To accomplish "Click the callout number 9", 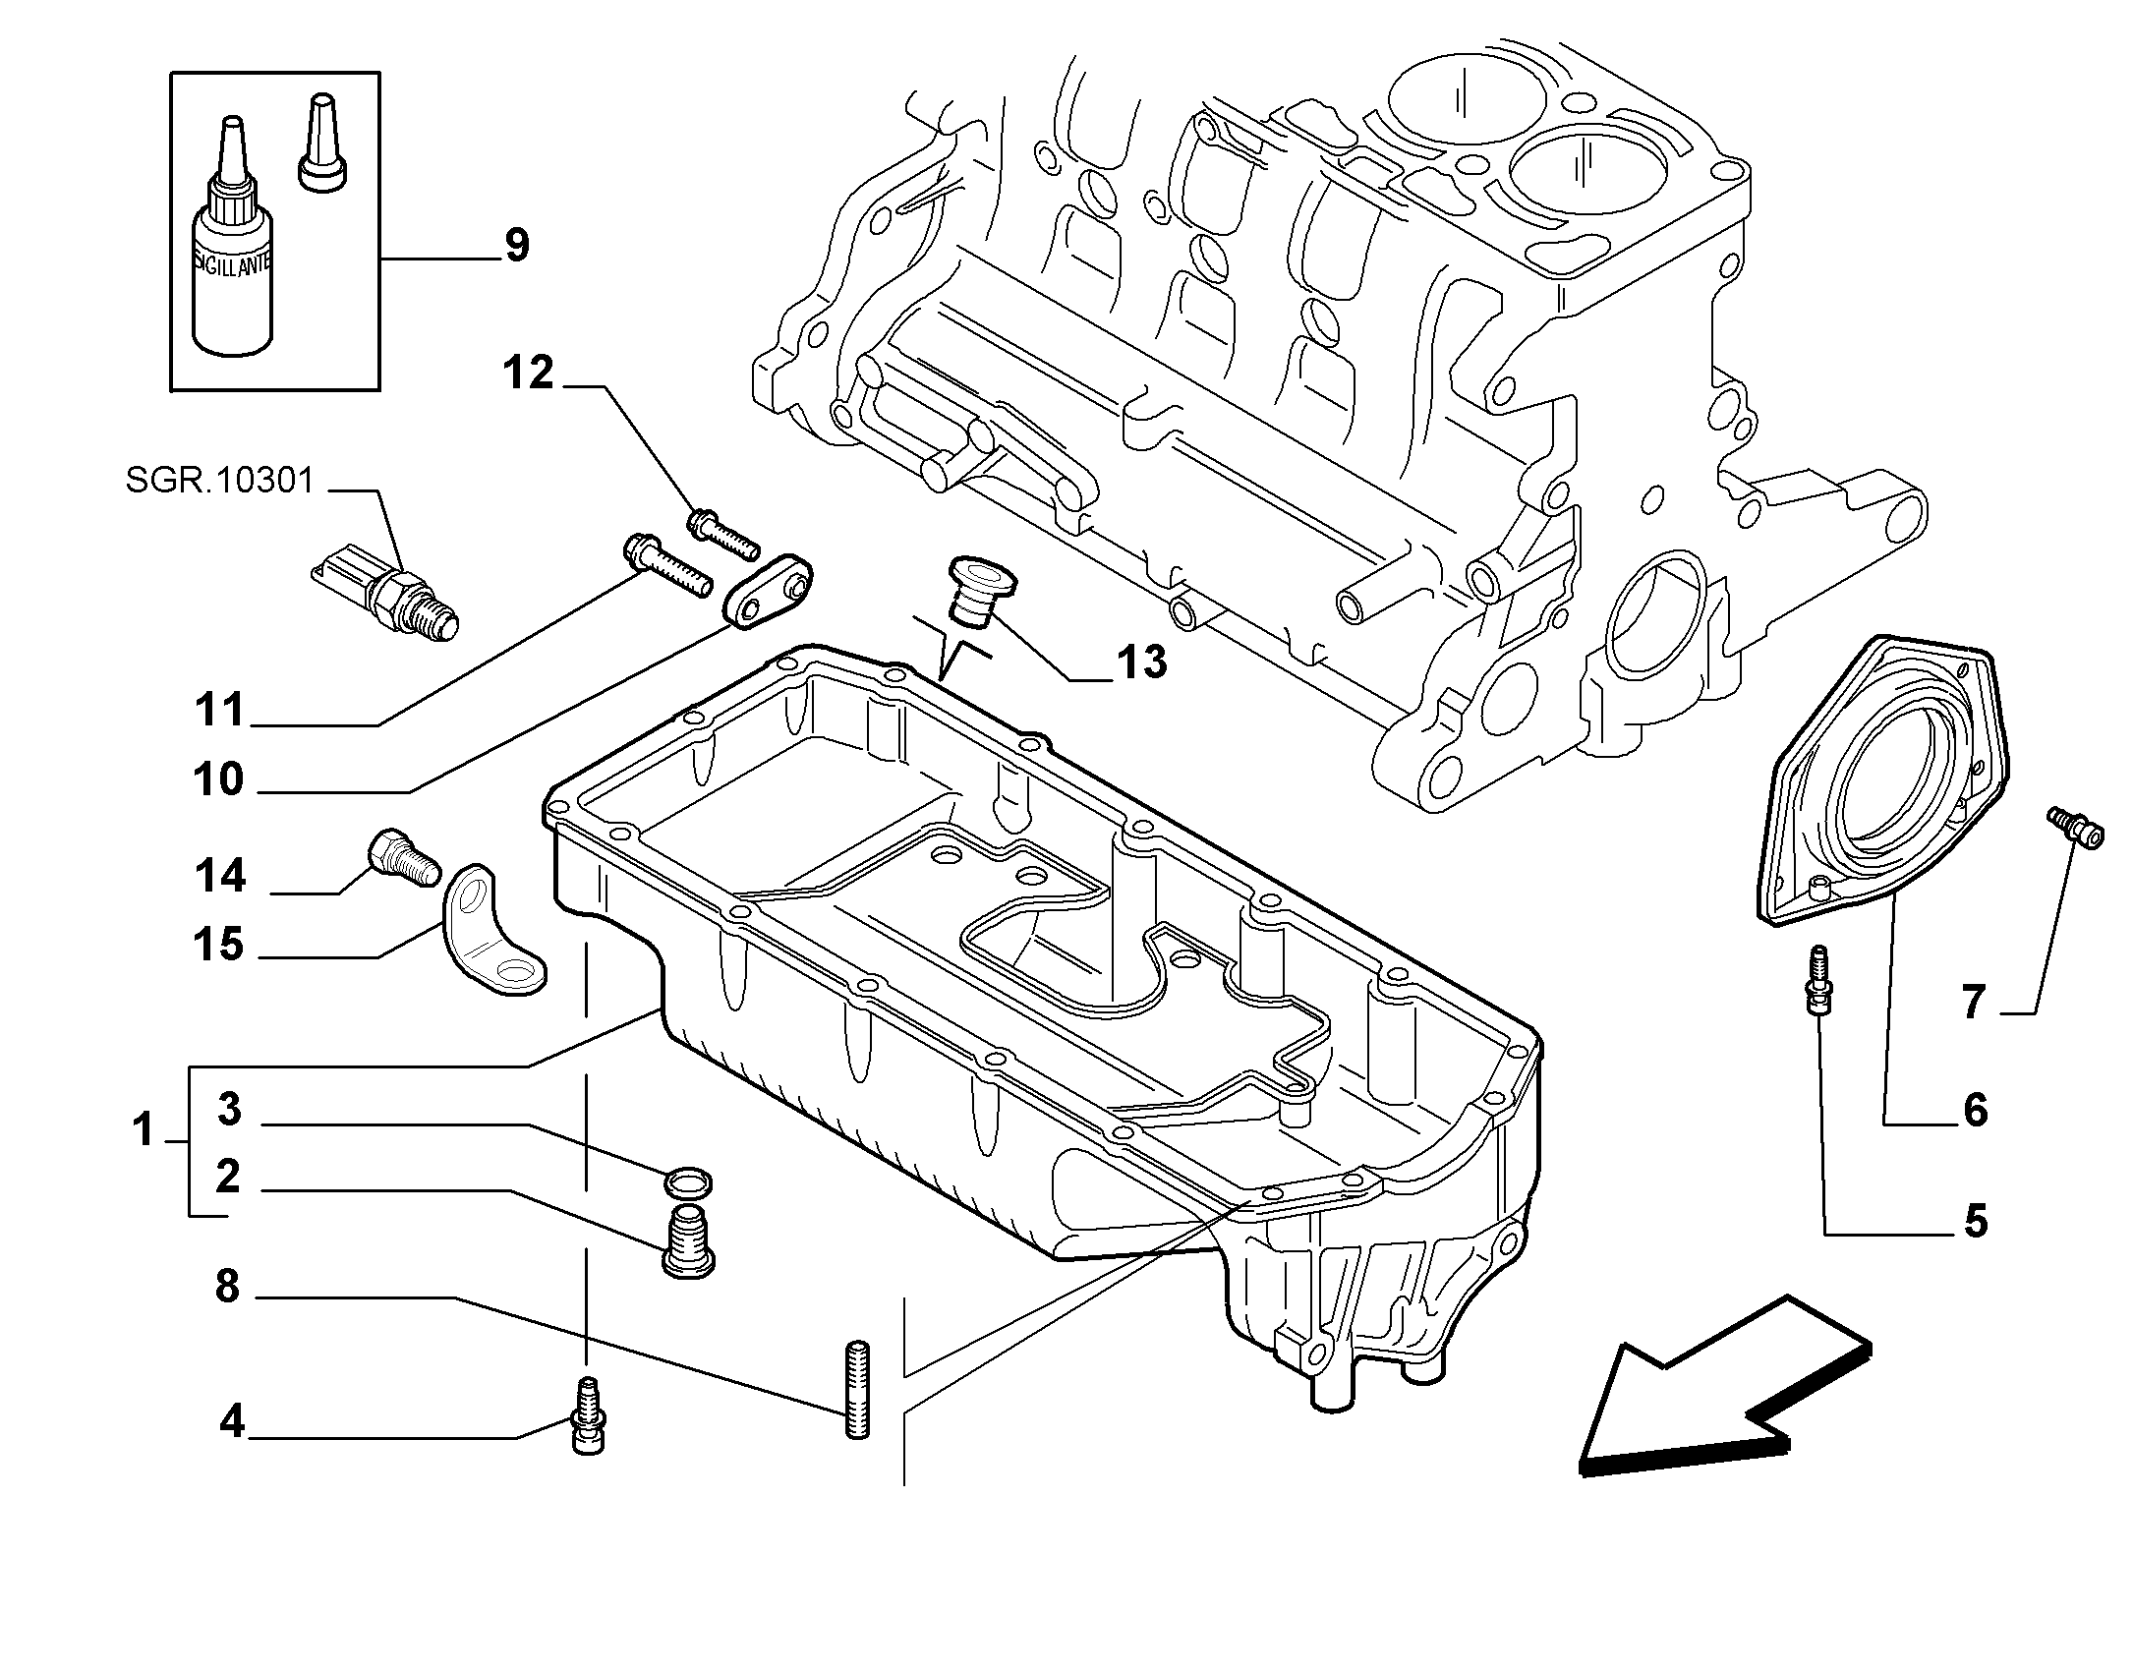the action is [517, 245].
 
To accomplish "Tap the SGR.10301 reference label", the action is [220, 481].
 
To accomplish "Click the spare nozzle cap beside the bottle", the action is [322, 142].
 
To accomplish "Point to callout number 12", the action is [529, 374].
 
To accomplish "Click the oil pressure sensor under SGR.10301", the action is [385, 594].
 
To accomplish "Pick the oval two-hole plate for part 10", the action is [770, 588].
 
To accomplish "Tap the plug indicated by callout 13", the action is [973, 590].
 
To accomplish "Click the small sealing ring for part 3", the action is [689, 1183].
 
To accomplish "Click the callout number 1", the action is [144, 1129].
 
